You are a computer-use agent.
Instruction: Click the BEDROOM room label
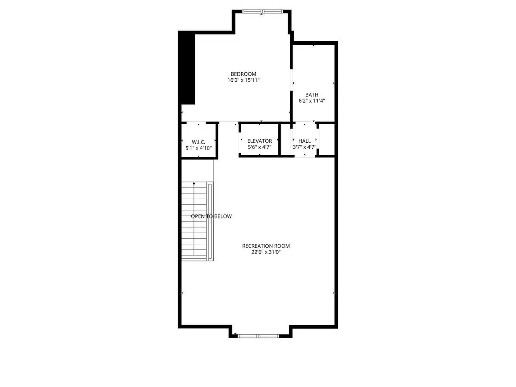(x=243, y=74)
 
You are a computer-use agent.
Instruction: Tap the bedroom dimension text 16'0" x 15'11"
(x=243, y=80)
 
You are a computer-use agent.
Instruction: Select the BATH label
(x=312, y=95)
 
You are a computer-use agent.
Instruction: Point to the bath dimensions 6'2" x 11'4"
(x=312, y=101)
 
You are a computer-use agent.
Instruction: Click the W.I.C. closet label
(x=198, y=142)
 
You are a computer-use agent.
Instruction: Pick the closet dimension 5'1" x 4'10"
(x=198, y=148)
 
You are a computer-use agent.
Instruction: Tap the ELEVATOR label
(x=260, y=141)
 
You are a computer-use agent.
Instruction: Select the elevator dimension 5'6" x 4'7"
(x=260, y=147)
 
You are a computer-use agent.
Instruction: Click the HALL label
(x=305, y=141)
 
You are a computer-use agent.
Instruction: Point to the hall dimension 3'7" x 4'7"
(x=305, y=147)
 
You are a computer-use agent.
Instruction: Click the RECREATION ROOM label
(x=266, y=246)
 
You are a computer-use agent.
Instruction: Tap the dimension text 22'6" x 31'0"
(x=266, y=252)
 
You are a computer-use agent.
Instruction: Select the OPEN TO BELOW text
(x=211, y=216)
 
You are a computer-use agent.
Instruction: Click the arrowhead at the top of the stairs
(x=194, y=183)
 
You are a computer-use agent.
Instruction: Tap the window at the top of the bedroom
(x=262, y=11)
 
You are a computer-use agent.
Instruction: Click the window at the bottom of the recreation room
(x=258, y=336)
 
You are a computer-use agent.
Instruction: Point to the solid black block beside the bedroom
(x=187, y=68)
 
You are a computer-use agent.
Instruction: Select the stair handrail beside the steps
(x=210, y=221)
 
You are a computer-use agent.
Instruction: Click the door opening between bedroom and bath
(x=291, y=80)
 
